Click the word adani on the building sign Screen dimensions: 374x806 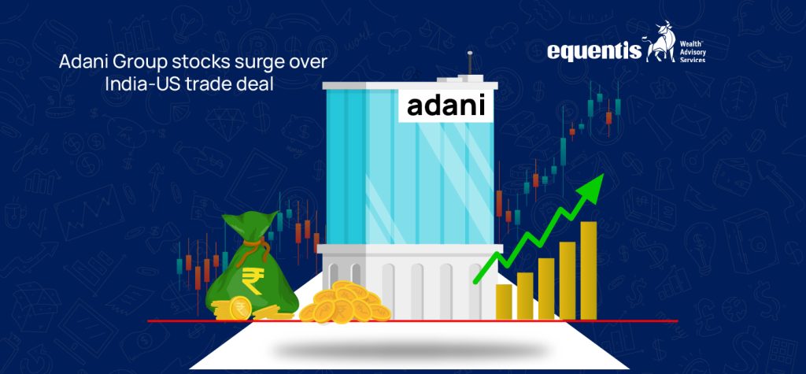click(x=447, y=106)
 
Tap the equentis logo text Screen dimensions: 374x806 click(x=594, y=52)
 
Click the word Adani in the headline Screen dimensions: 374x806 click(x=82, y=63)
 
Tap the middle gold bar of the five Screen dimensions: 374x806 click(x=545, y=288)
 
